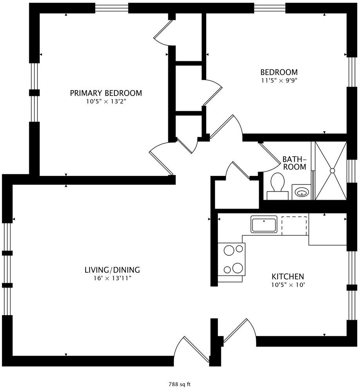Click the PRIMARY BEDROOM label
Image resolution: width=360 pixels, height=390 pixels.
point(106,93)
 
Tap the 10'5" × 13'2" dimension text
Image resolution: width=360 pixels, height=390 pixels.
point(106,101)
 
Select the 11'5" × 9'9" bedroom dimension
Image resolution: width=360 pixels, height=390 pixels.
point(279,81)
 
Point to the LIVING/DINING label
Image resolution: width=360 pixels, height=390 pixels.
point(112,270)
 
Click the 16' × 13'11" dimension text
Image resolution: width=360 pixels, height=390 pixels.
point(112,278)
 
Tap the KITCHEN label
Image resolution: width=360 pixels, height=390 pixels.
point(288,277)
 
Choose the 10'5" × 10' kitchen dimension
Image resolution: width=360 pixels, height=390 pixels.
point(288,285)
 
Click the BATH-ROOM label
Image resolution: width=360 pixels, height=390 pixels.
point(294,163)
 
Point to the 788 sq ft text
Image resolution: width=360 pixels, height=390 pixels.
point(180,384)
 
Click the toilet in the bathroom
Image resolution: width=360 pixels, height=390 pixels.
point(278,186)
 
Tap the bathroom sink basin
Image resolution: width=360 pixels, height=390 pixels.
point(302,192)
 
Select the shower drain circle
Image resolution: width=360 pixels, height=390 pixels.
point(332,171)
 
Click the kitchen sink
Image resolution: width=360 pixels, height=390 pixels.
point(264,224)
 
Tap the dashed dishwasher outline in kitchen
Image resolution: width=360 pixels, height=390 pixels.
point(294,225)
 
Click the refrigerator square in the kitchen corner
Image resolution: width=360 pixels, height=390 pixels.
point(328,229)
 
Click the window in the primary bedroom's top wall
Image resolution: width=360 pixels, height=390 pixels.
point(112,8)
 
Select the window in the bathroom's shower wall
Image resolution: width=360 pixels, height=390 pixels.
point(351,171)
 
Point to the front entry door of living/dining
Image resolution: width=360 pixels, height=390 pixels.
point(192,349)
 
